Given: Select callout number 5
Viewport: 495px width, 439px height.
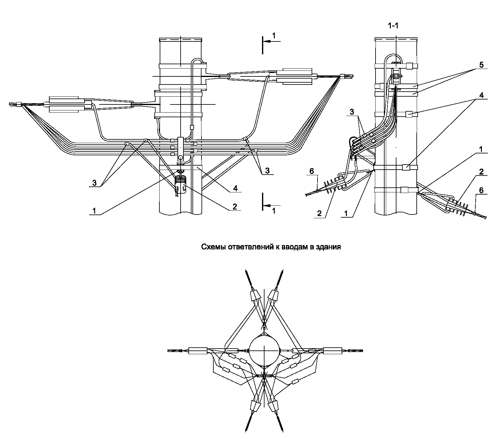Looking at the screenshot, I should tap(481, 65).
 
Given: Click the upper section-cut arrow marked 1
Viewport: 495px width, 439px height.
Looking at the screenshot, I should tap(271, 41).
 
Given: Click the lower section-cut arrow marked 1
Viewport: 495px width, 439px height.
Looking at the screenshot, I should tap(271, 206).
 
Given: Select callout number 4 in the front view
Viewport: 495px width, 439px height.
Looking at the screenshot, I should tap(235, 188).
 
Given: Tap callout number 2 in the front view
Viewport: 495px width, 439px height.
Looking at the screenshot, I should tap(235, 206).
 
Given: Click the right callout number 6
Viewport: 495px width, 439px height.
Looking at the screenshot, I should tap(481, 191).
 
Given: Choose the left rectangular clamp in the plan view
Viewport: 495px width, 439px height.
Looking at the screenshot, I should tap(198, 351).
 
